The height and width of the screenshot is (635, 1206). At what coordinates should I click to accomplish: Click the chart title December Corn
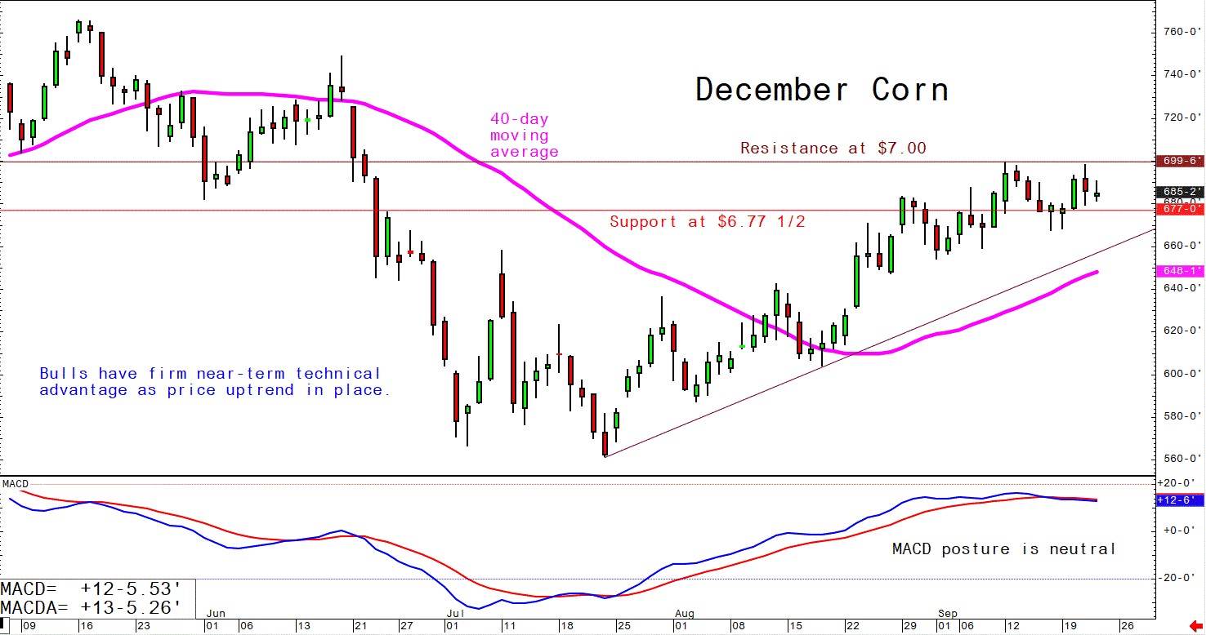pyautogui.click(x=821, y=90)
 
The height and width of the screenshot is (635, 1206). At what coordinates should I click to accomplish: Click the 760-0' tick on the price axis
pyautogui.click(x=1180, y=32)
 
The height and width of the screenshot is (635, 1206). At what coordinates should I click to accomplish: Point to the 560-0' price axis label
pyautogui.click(x=1180, y=458)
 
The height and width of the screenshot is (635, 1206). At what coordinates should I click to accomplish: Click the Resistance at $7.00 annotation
pyautogui.click(x=833, y=149)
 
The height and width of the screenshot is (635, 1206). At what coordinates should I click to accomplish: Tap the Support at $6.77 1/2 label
pyautogui.click(x=708, y=221)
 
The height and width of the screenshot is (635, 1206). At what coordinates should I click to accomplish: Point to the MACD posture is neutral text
pyautogui.click(x=1004, y=549)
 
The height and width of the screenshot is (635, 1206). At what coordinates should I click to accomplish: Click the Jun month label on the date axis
pyautogui.click(x=216, y=612)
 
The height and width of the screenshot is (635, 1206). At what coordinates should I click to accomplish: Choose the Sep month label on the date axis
pyautogui.click(x=947, y=612)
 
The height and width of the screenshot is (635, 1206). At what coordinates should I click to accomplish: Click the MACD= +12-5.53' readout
pyautogui.click(x=90, y=589)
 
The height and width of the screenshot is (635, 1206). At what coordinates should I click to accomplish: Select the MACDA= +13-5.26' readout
pyautogui.click(x=90, y=607)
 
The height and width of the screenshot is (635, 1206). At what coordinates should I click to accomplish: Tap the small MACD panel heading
pyautogui.click(x=16, y=484)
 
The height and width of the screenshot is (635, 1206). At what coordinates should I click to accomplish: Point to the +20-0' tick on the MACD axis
pyautogui.click(x=1177, y=483)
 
